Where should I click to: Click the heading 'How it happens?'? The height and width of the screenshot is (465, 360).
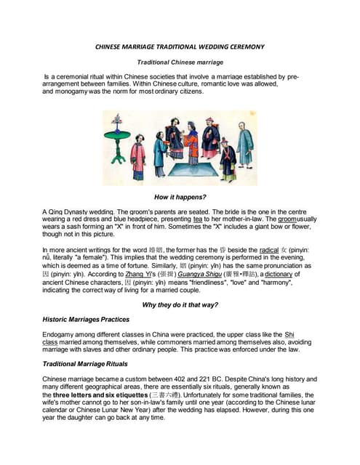(x=180, y=198)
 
